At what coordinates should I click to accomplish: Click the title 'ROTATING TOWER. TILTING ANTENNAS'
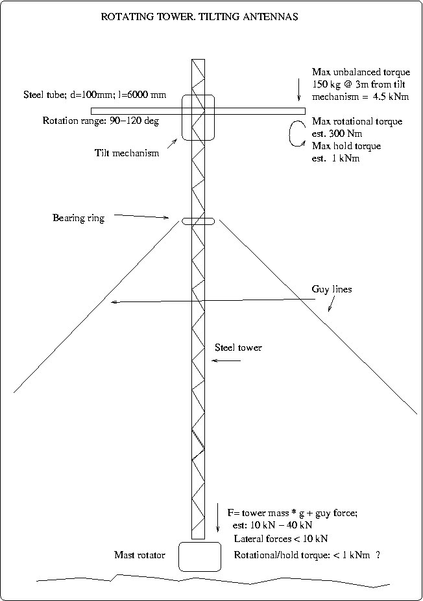coord(199,18)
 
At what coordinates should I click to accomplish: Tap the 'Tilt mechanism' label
coord(126,154)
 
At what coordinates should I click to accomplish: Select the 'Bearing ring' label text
coord(79,218)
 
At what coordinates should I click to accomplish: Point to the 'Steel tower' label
coord(238,348)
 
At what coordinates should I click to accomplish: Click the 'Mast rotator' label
coord(139,555)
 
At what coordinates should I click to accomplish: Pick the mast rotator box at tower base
coord(199,556)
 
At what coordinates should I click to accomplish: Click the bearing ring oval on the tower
coord(198,222)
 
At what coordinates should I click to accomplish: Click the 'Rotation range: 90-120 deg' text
coord(101,121)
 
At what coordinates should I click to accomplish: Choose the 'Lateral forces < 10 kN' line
coord(281,539)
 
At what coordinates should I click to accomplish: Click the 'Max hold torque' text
coord(346,146)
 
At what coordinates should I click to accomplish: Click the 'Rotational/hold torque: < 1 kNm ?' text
coord(306,556)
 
